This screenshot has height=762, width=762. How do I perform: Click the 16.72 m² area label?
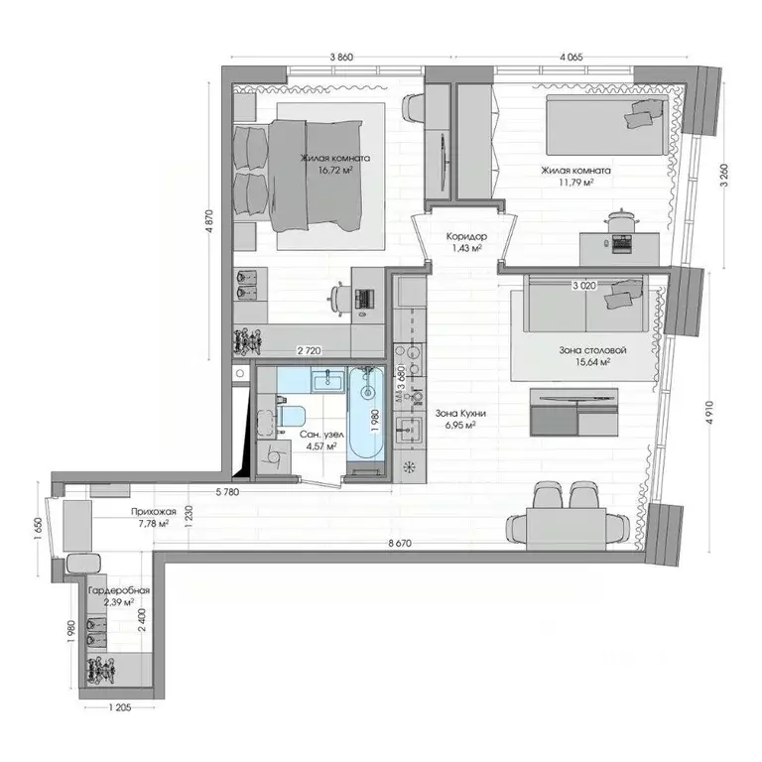tap(336, 170)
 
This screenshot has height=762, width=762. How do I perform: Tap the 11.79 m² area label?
tap(575, 182)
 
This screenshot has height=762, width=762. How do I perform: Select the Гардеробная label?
tap(118, 591)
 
